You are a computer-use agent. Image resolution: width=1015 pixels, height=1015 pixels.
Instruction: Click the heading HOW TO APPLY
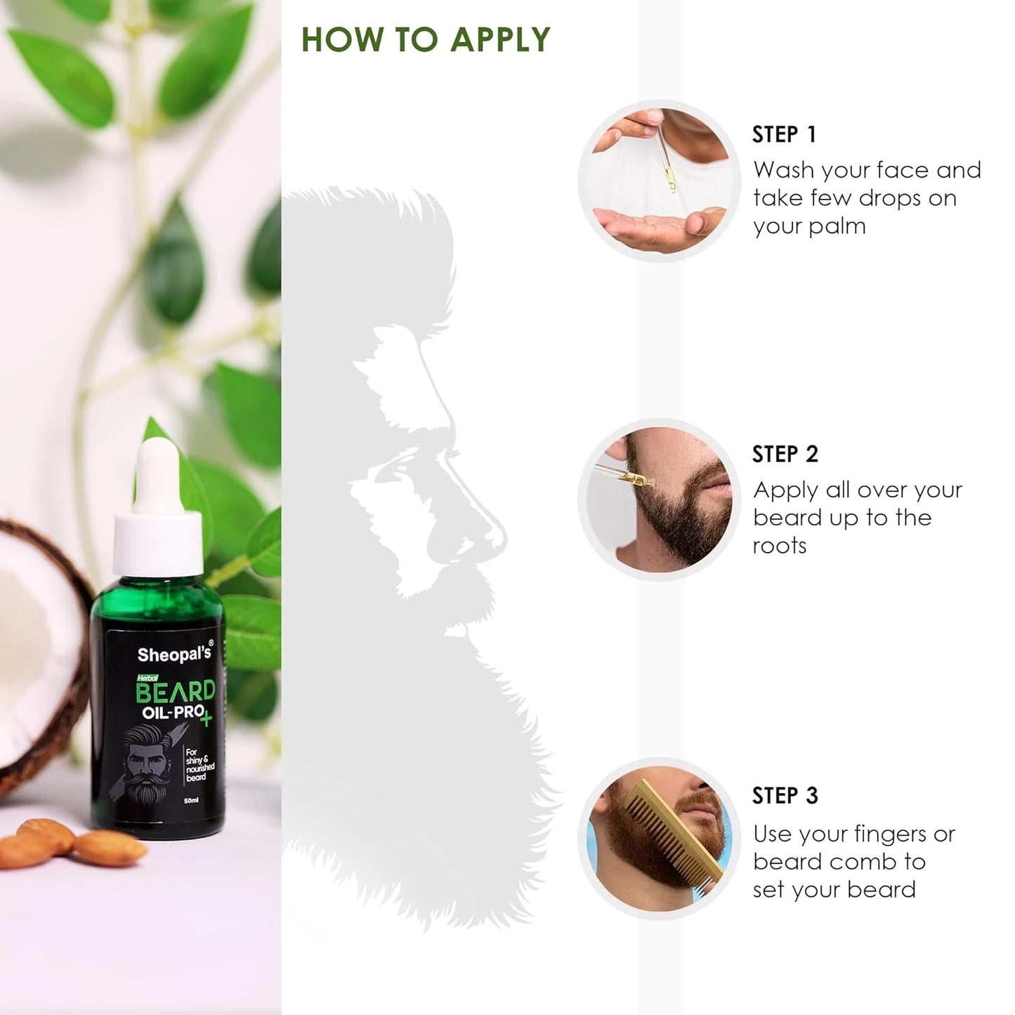point(426,40)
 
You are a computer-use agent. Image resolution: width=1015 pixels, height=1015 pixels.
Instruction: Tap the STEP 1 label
point(784,134)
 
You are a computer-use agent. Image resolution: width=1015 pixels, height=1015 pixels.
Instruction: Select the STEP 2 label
point(785,454)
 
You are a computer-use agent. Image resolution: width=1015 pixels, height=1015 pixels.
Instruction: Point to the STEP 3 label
point(785,796)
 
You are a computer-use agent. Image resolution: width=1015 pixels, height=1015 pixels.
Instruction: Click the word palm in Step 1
point(839,227)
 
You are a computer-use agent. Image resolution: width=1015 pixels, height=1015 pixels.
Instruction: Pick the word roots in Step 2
point(779,546)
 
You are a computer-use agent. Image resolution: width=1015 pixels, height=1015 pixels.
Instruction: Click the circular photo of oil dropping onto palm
point(659,181)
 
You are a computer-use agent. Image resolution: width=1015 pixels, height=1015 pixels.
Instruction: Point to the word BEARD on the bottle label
point(175,692)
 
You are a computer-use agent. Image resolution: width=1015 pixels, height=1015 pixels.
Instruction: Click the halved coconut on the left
point(39,653)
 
